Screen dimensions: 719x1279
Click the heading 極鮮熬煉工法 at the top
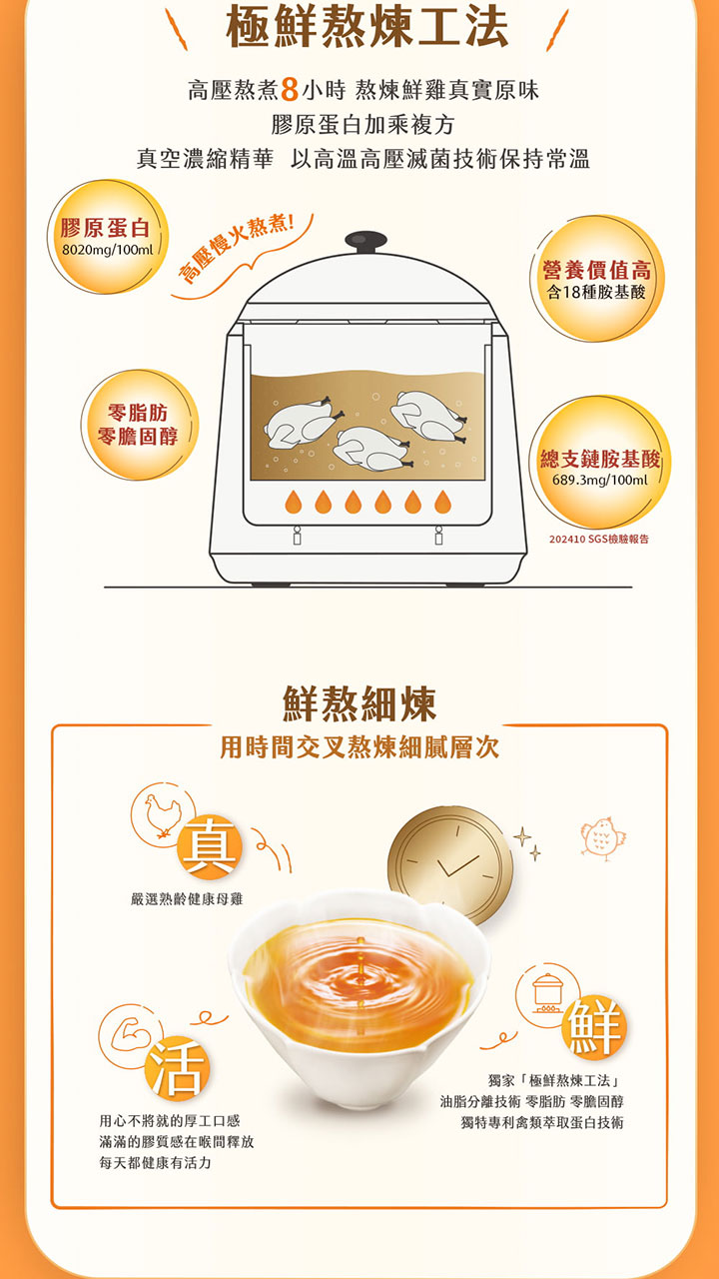(x=366, y=26)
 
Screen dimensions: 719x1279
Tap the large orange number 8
(x=290, y=90)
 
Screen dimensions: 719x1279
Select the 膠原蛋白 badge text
(x=105, y=228)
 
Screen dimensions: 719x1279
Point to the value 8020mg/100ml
(x=107, y=250)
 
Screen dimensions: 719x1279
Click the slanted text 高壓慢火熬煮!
(x=237, y=249)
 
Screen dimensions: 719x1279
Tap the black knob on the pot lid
(x=365, y=242)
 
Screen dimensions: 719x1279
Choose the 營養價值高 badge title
(x=596, y=270)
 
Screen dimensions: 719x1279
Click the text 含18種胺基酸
(x=596, y=293)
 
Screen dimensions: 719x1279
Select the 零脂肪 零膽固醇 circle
(x=140, y=425)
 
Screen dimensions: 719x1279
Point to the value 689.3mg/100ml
(x=600, y=480)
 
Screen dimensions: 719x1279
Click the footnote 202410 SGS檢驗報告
(x=598, y=539)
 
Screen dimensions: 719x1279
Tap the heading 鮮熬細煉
(x=359, y=704)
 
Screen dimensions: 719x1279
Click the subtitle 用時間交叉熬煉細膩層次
(x=359, y=747)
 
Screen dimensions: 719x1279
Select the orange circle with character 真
(x=210, y=846)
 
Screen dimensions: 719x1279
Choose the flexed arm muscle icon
(x=130, y=1033)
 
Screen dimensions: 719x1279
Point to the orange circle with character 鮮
(x=594, y=1027)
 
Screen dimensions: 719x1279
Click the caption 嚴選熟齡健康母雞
(x=187, y=899)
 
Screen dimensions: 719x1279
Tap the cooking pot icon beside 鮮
(x=548, y=993)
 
